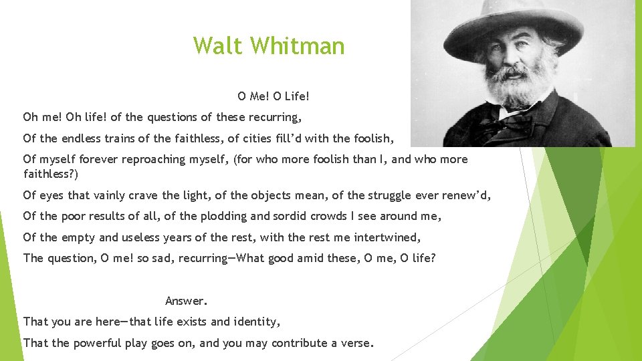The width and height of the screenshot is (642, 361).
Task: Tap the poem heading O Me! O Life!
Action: tap(274, 96)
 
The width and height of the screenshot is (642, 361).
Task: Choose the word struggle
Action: tap(395, 196)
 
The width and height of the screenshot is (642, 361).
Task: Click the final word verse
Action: tap(356, 344)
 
